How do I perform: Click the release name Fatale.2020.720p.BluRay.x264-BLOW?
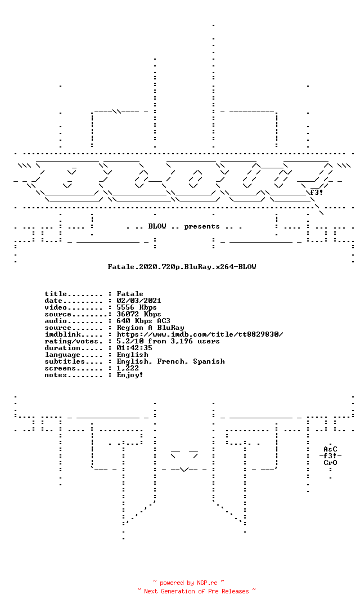(x=182, y=267)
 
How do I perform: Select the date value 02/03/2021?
(x=139, y=301)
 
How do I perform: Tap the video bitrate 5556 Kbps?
(x=136, y=307)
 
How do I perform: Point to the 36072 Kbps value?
(x=139, y=314)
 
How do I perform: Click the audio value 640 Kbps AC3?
(x=143, y=321)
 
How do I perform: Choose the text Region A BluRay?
(x=150, y=328)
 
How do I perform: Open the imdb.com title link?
(x=200, y=334)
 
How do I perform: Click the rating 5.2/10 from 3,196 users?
(x=168, y=341)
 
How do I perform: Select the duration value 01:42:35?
(x=134, y=348)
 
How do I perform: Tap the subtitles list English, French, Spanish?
(x=170, y=361)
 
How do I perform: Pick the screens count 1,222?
(x=128, y=368)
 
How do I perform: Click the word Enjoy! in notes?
(x=130, y=375)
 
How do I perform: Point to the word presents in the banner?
(x=202, y=226)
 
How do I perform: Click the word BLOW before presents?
(x=157, y=226)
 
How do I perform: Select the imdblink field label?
(x=63, y=334)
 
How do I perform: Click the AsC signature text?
(x=331, y=449)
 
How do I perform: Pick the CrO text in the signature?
(x=331, y=463)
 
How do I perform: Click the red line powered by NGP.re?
(x=189, y=583)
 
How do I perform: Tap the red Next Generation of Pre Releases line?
(x=196, y=591)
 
